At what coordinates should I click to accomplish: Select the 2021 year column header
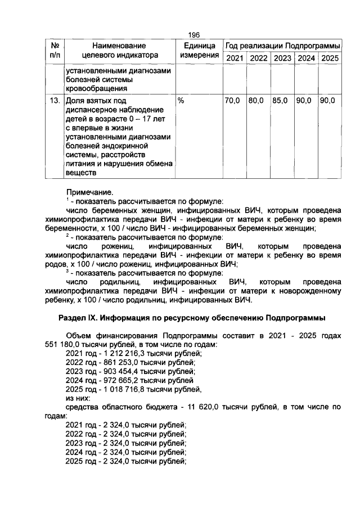(234, 58)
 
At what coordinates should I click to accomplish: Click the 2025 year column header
(330, 58)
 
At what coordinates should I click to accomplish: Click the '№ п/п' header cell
(55, 50)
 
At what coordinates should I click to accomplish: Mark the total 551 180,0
(62, 344)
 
